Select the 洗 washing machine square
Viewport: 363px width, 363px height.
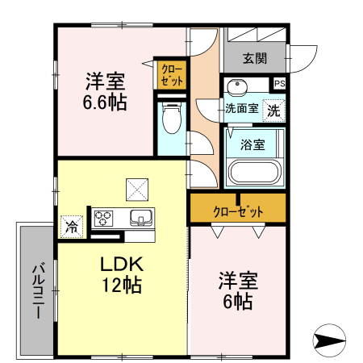pos(274,111)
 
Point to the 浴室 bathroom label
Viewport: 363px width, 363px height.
pos(252,144)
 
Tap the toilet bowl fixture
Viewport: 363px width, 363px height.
pos(171,119)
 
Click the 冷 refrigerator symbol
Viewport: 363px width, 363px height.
pos(72,227)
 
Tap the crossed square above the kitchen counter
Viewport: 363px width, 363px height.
pos(135,190)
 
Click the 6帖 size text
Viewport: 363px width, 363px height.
pos(236,302)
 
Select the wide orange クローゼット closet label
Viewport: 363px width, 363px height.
pos(238,211)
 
